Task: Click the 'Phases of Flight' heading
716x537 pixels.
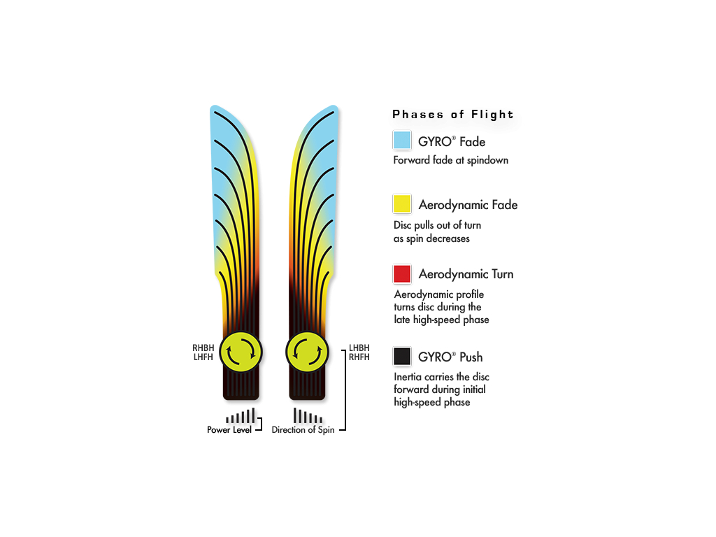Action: coord(452,114)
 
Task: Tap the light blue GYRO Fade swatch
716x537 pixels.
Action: coord(402,140)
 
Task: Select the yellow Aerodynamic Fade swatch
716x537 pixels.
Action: coord(402,203)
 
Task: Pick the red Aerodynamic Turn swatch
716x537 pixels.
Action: coord(402,274)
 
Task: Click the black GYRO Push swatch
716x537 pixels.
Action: coord(402,356)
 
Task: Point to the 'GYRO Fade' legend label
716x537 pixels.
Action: coord(452,141)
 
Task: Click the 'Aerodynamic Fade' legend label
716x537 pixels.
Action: coord(468,205)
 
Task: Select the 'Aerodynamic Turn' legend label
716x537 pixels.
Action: coord(466,274)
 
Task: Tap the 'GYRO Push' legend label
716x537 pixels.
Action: coord(450,357)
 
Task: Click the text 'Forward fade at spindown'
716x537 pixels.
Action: coord(451,160)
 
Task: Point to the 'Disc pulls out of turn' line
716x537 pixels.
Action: coord(437,225)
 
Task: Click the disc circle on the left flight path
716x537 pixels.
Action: coord(241,352)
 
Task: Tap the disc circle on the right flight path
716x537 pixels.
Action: coord(307,352)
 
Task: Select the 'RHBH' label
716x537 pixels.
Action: coord(203,348)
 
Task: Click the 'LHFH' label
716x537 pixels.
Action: coord(203,357)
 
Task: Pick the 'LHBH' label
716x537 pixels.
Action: coord(359,348)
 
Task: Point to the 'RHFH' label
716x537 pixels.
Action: coord(359,357)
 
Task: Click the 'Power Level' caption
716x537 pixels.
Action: coord(229,430)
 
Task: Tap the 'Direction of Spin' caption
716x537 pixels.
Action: coord(303,430)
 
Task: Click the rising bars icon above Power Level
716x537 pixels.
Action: coord(241,416)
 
